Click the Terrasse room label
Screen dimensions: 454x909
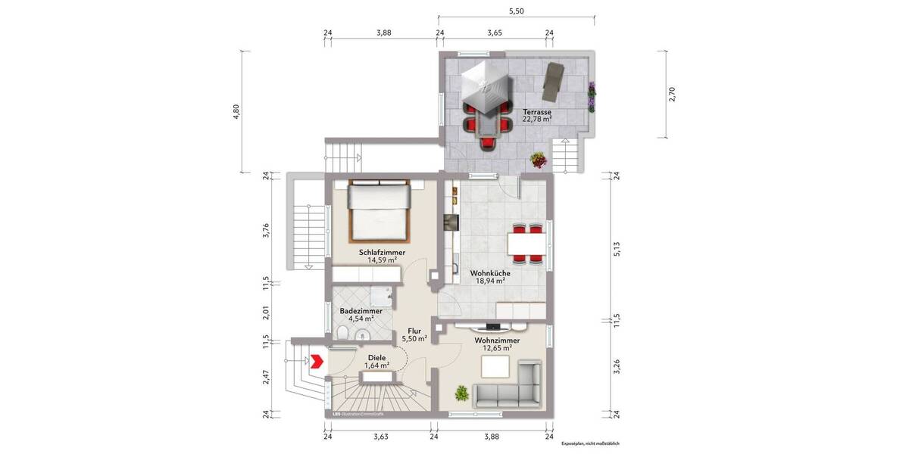[x=536, y=110]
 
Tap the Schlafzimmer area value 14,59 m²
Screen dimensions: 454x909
[x=383, y=260]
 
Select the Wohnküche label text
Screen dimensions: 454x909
[x=489, y=272]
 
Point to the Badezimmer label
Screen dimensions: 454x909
[x=361, y=310]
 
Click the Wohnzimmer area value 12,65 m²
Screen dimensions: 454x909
[x=496, y=349]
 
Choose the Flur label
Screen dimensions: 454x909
[x=414, y=331]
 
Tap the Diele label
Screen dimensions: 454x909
[x=376, y=357]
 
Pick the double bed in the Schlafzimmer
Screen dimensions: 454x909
[x=379, y=207]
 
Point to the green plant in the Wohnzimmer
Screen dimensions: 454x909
[x=461, y=393]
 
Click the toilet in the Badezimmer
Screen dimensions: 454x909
[x=342, y=334]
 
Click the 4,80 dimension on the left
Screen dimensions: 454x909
[x=236, y=110]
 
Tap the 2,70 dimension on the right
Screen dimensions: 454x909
[x=670, y=93]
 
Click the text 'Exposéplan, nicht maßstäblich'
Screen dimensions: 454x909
[x=590, y=444]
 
